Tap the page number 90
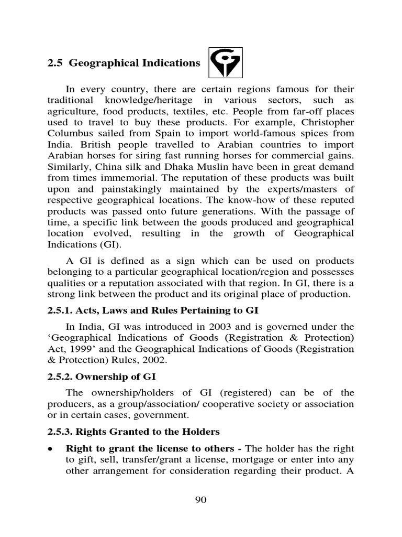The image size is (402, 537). pos(201,500)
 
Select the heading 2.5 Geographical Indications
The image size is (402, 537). pos(124,63)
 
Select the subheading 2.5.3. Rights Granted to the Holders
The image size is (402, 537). pos(133,432)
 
